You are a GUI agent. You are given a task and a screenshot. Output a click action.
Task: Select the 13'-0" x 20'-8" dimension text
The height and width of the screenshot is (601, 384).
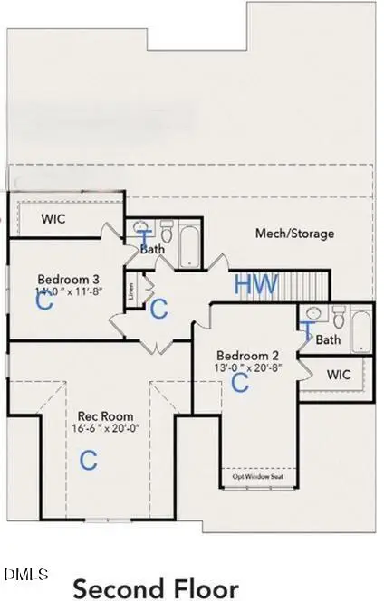tap(242, 367)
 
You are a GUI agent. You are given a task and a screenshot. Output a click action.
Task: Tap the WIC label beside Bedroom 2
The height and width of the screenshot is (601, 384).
tap(338, 374)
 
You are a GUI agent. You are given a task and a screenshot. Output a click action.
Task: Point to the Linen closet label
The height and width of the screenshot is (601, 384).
tap(132, 291)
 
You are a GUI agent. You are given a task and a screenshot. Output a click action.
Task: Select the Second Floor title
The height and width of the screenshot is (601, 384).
tap(156, 588)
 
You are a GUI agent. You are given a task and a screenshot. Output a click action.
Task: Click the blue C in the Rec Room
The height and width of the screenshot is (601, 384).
tap(88, 460)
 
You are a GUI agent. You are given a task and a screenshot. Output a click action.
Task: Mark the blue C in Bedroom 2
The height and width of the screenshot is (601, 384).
tap(240, 383)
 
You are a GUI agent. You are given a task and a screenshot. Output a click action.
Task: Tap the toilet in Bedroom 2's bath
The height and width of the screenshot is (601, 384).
tap(338, 319)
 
